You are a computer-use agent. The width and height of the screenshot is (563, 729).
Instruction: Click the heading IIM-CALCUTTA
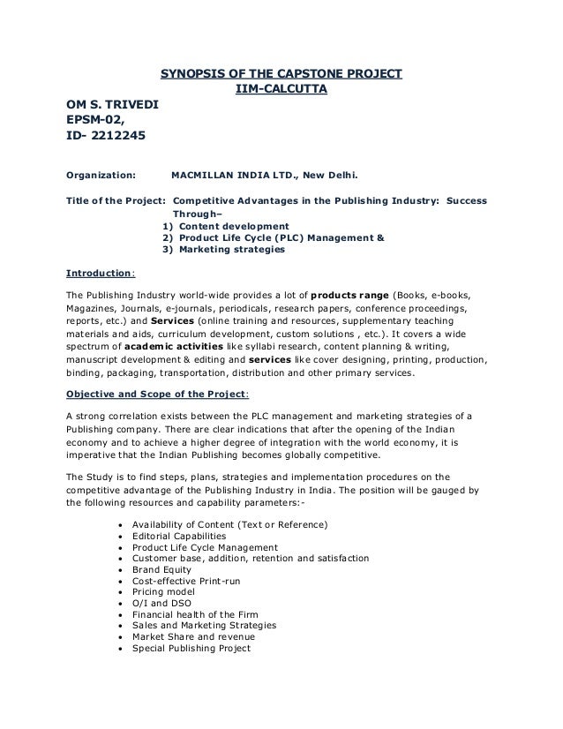coord(281,89)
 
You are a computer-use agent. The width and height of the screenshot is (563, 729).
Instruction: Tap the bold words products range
coord(352,294)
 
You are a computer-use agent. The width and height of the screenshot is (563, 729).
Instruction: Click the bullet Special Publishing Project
coord(191,648)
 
